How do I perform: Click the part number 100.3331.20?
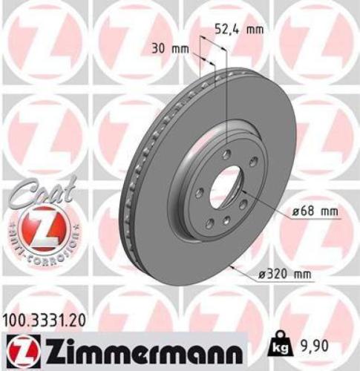pos(49,319)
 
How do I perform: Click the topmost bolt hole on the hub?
pos(226,154)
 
